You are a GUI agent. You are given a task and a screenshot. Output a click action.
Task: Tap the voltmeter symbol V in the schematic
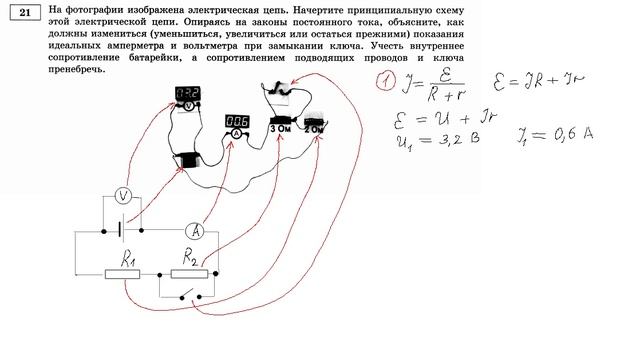[120, 194]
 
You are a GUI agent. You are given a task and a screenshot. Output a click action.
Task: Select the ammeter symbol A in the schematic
[198, 231]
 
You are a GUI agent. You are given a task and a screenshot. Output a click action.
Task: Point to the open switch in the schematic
[190, 296]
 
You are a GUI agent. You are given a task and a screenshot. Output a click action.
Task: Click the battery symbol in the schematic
[119, 231]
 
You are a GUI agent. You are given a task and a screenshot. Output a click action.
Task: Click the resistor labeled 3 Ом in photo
[281, 126]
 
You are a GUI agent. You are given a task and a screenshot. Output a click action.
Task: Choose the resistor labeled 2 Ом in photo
[314, 126]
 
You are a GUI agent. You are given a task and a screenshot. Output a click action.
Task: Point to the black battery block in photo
[187, 159]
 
